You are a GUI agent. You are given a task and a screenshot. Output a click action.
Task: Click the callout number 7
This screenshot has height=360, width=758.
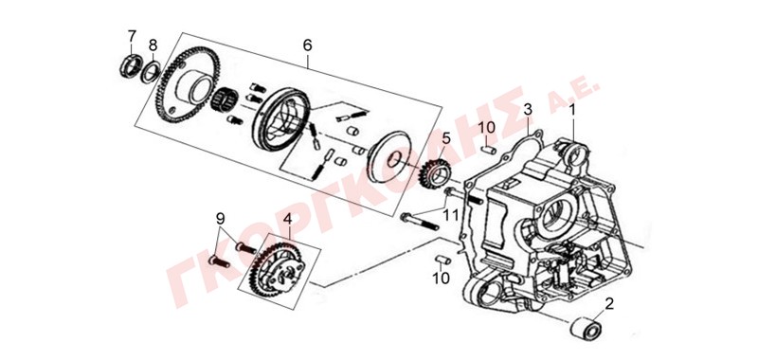[132, 36]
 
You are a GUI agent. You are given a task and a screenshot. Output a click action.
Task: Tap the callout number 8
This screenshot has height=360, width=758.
[153, 45]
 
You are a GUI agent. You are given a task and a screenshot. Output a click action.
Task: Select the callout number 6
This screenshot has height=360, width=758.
[307, 45]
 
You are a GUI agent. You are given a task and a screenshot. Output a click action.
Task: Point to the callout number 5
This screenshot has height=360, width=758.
[445, 137]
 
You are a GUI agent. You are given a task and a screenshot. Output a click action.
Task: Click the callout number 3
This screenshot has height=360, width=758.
[528, 109]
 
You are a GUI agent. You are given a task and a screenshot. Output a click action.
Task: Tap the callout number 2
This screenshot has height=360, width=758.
[609, 304]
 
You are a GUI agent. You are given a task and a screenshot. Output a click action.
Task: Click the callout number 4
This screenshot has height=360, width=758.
[288, 219]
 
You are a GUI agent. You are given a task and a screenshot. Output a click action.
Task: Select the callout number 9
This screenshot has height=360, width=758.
[221, 219]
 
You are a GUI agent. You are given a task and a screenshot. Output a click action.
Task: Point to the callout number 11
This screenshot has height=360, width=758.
[451, 214]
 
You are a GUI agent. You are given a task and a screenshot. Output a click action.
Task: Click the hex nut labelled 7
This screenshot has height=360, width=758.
[131, 66]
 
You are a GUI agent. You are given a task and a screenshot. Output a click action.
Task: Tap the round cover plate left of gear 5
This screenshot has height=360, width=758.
[390, 160]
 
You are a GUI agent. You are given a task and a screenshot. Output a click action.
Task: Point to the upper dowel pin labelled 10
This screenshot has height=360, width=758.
[489, 150]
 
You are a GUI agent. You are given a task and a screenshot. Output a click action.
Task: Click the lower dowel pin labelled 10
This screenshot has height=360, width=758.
[443, 260]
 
